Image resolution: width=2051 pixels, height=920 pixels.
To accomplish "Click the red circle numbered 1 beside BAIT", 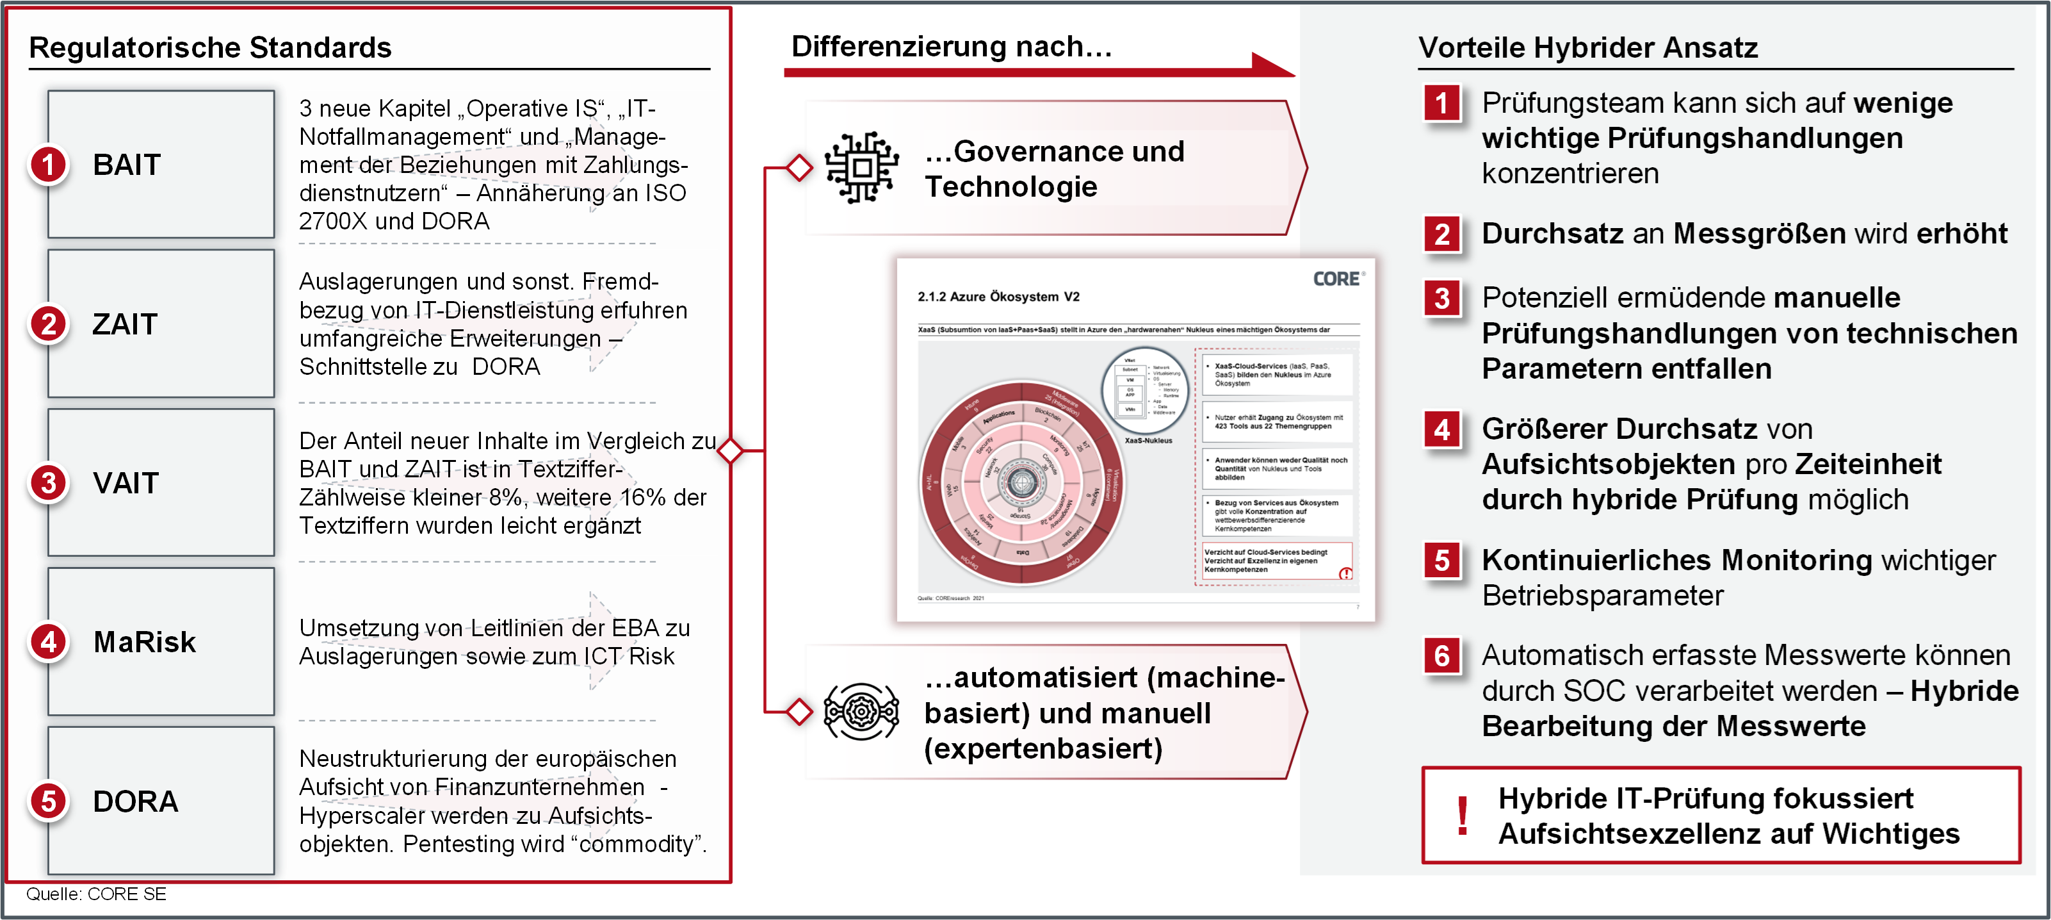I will [49, 165].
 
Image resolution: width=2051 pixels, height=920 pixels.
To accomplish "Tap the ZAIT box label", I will [125, 324].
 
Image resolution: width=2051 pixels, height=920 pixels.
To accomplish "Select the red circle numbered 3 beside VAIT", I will [49, 482].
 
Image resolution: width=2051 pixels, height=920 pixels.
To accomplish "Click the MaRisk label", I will [144, 642].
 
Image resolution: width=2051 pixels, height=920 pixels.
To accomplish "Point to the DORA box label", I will [135, 801].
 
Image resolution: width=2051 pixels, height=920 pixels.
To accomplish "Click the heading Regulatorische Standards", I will [210, 48].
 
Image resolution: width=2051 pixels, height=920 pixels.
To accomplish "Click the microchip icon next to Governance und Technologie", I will [861, 167].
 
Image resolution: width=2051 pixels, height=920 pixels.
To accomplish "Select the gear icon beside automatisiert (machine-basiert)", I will [861, 711].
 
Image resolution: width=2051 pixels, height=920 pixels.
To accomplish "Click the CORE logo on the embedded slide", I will [1337, 279].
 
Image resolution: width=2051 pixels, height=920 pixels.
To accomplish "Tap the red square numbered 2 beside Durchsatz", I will [1442, 235].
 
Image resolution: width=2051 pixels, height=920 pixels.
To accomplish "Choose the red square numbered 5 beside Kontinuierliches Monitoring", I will [1442, 561].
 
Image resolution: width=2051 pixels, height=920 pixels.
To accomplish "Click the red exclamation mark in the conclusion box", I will [1462, 816].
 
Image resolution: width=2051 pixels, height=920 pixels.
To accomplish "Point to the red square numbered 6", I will [1442, 656].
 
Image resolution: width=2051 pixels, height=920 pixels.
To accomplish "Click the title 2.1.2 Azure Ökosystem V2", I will [998, 297].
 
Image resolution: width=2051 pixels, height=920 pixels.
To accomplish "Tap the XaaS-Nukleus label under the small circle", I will [1148, 441].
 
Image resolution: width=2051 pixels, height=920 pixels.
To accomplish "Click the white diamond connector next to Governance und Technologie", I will [799, 168].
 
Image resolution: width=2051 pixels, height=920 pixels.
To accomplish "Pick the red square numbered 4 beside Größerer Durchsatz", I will [1442, 430].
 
